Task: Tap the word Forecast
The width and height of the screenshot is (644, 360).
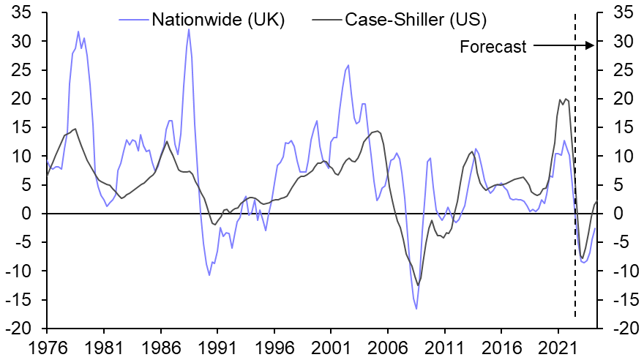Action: click(x=493, y=48)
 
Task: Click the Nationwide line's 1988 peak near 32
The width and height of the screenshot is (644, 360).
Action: click(x=189, y=29)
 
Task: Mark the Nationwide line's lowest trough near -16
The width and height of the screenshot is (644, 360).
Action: click(x=416, y=309)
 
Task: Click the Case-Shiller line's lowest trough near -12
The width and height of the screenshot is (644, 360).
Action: click(x=418, y=285)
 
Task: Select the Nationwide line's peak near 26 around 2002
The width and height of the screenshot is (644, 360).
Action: click(x=348, y=65)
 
